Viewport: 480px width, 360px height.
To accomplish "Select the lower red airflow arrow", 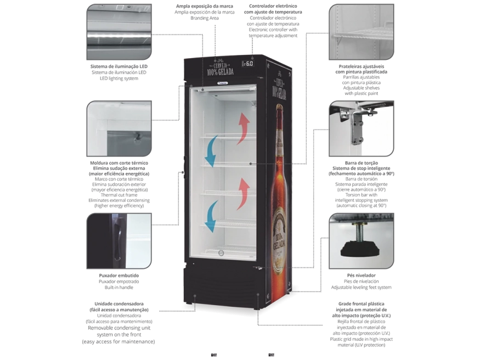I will coord(244,193).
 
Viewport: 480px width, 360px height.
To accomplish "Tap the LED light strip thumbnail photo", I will coord(119,32).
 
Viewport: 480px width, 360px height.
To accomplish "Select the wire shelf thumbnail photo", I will coord(360,32).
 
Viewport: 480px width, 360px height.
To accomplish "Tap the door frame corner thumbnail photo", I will coord(119,128).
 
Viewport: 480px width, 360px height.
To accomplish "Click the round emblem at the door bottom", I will coord(222,253).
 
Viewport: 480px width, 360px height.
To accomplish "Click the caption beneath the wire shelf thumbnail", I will coord(360,81).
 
